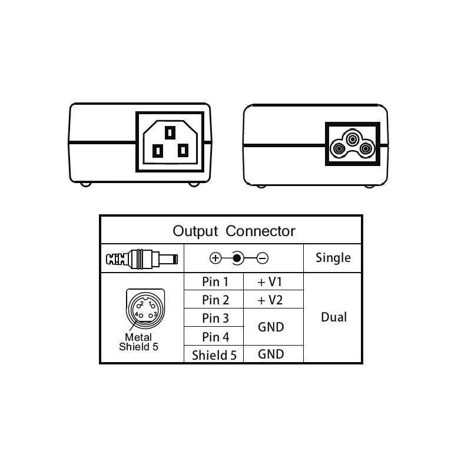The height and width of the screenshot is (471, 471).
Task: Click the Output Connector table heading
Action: pyautogui.click(x=234, y=231)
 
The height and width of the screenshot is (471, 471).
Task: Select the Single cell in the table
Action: pyautogui.click(x=333, y=258)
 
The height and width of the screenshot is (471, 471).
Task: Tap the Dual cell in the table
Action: pyautogui.click(x=333, y=317)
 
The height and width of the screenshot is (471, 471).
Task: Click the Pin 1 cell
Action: pyautogui.click(x=215, y=282)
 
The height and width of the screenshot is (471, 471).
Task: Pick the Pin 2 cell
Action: pyautogui.click(x=215, y=300)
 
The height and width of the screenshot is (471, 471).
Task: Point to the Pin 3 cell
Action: pyautogui.click(x=215, y=319)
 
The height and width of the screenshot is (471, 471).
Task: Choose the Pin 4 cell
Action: pyautogui.click(x=215, y=337)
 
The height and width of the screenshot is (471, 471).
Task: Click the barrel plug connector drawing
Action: pyautogui.click(x=141, y=258)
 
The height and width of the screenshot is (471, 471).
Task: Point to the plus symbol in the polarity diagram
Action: pyautogui.click(x=215, y=258)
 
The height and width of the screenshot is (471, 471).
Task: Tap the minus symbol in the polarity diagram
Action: pyautogui.click(x=263, y=258)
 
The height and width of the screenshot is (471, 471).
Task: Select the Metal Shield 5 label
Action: pyautogui.click(x=139, y=342)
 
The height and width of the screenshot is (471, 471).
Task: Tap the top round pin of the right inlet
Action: pyautogui.click(x=351, y=138)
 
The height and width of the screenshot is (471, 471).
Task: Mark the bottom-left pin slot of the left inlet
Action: pyautogui.click(x=157, y=151)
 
